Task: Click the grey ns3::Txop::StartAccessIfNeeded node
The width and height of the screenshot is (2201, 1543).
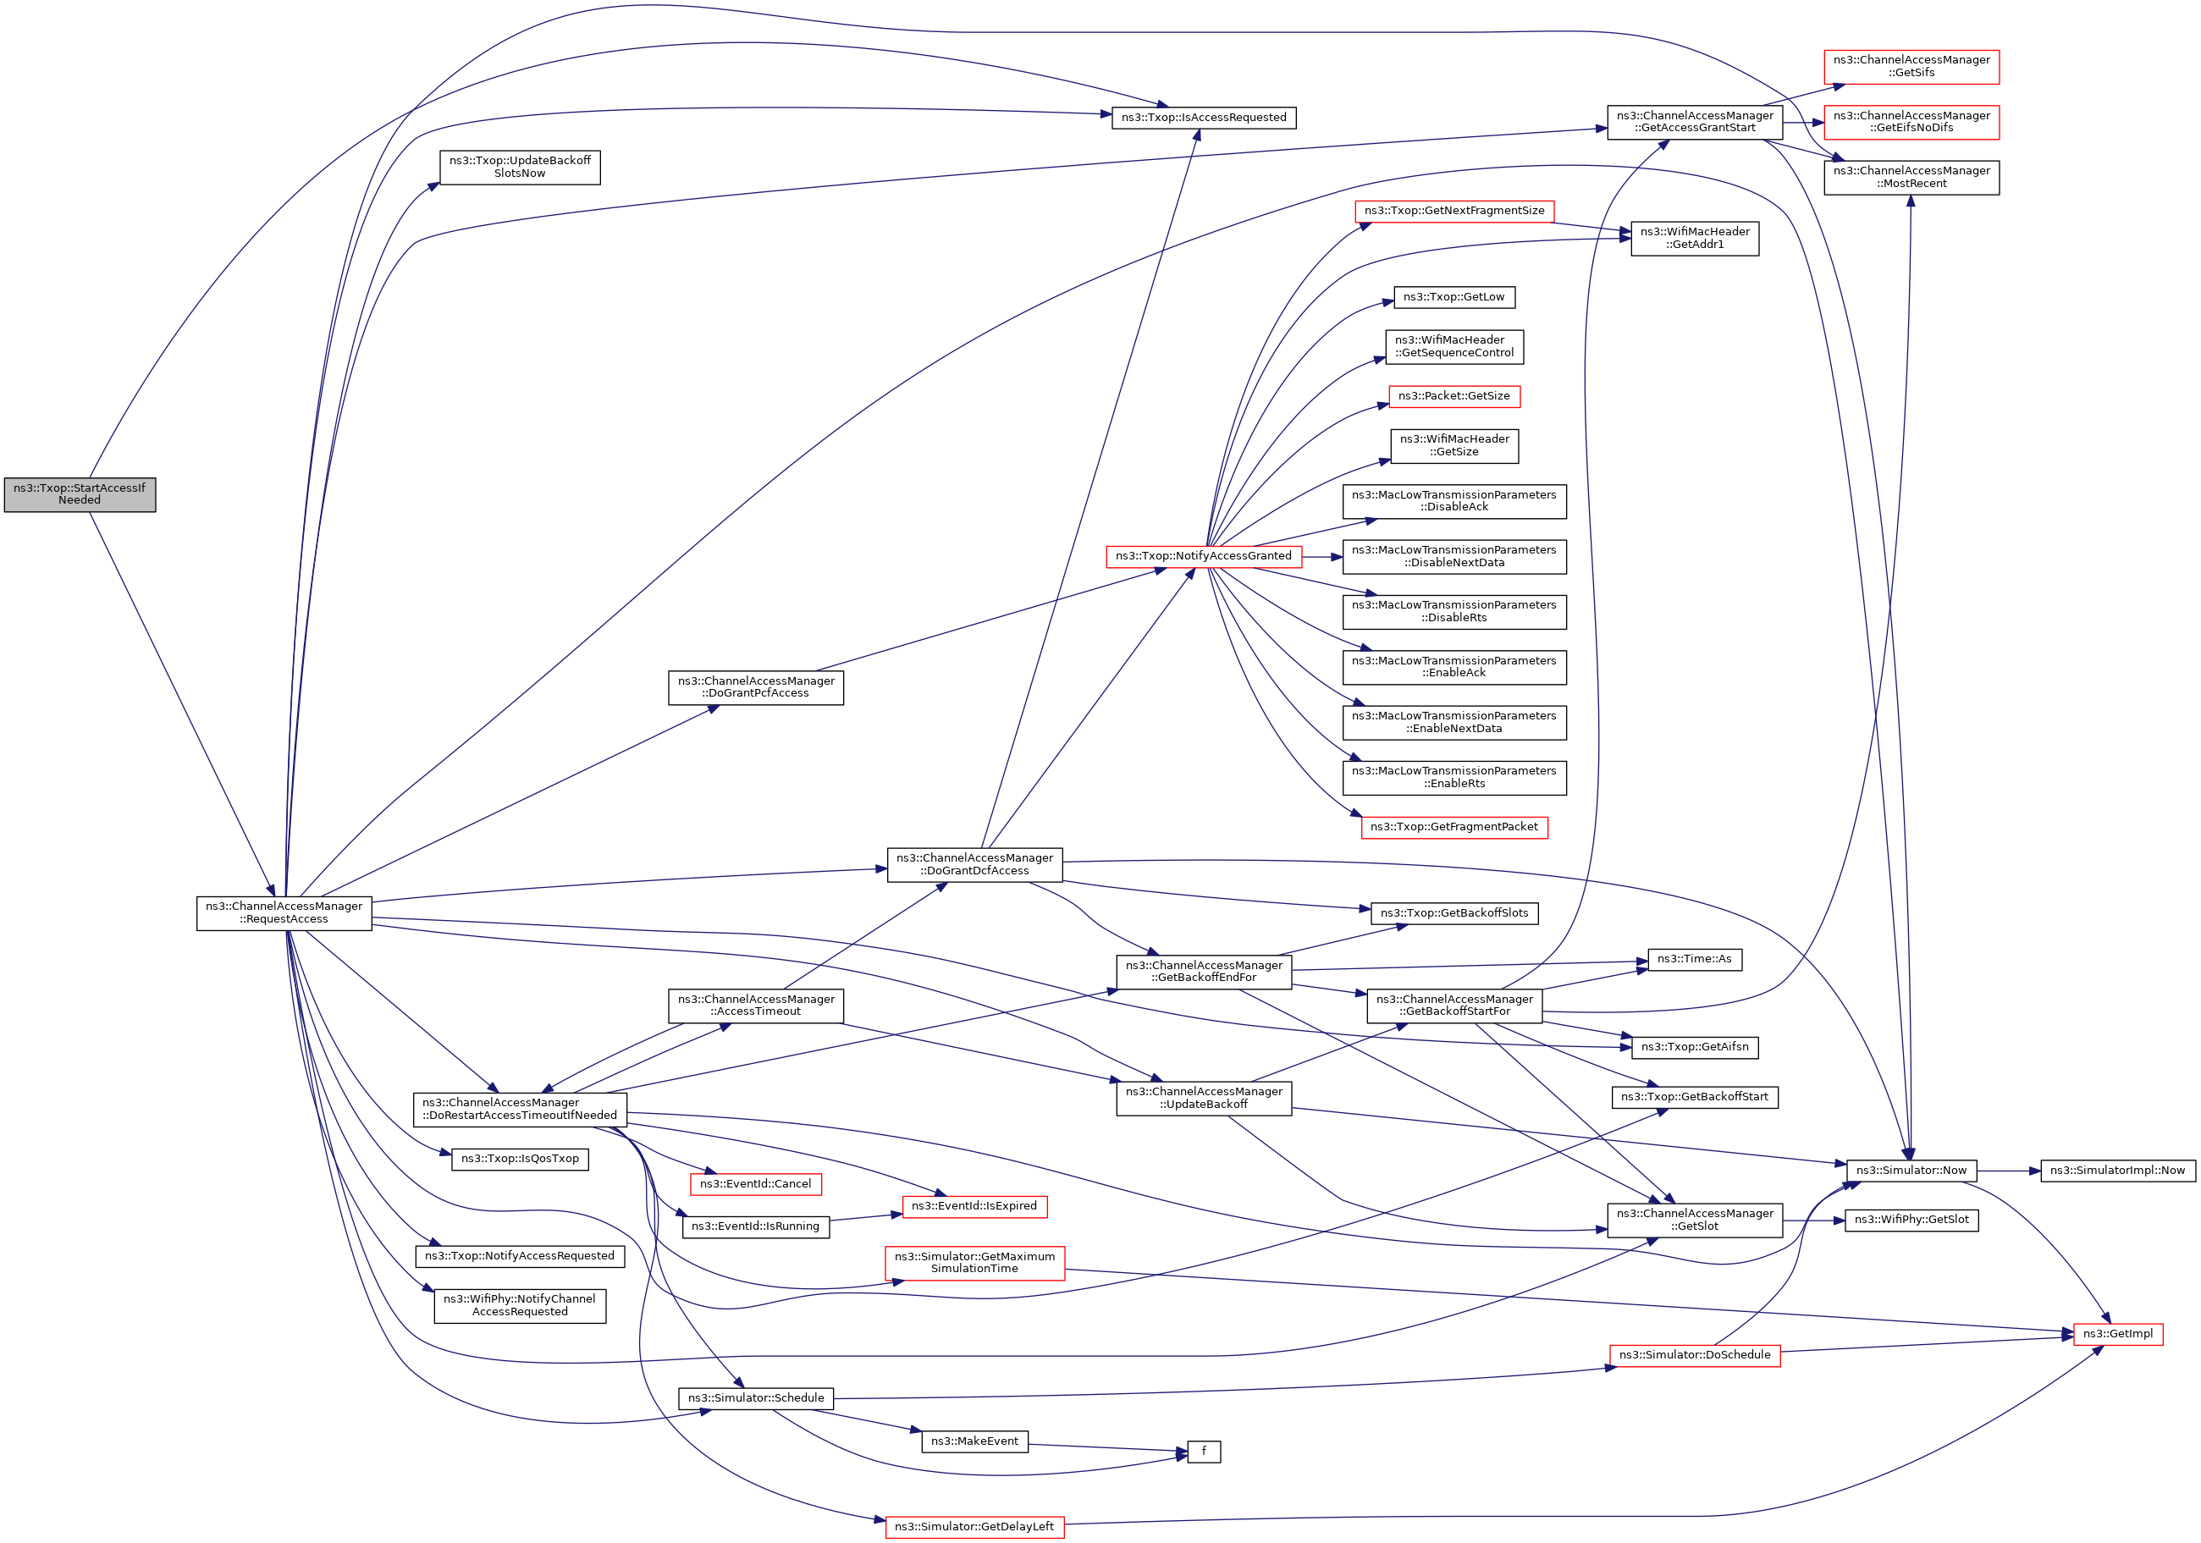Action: (80, 494)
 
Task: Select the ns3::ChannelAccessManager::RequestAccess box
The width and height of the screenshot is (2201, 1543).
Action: (284, 912)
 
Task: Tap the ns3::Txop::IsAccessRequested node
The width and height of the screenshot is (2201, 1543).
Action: (1203, 118)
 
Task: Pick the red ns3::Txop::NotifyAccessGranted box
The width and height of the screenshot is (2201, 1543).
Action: (1203, 556)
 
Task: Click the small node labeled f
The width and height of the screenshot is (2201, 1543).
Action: (1203, 1451)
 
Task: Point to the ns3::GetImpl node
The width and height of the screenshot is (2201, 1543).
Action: (2116, 1333)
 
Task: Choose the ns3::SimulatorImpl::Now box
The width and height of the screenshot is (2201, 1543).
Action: (2116, 1171)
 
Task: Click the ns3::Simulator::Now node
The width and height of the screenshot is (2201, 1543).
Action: (1911, 1171)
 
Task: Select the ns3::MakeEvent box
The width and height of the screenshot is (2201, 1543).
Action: (974, 1441)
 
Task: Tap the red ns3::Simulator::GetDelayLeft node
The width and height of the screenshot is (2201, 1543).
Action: (974, 1527)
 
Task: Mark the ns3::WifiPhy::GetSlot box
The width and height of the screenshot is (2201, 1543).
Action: (1911, 1220)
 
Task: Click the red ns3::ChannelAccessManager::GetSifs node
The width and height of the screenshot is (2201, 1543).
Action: (1911, 66)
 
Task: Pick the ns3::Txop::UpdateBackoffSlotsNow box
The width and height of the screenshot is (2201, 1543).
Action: (520, 167)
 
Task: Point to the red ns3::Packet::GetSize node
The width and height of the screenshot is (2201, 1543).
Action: (1454, 396)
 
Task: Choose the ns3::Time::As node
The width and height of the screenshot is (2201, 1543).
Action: (1694, 959)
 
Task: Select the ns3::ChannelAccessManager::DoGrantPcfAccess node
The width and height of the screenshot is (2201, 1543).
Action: (755, 687)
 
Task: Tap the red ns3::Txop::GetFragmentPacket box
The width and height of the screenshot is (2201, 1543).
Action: (1454, 827)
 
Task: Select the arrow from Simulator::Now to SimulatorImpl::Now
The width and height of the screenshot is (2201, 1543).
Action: (2008, 1171)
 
